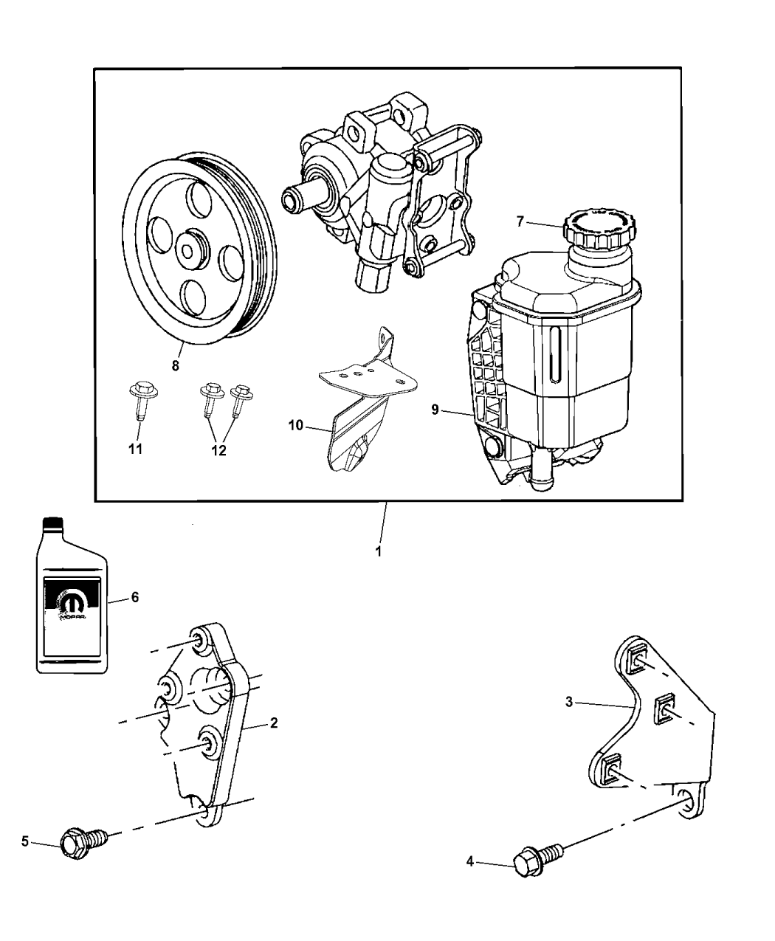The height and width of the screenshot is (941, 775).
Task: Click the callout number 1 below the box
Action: pyautogui.click(x=378, y=551)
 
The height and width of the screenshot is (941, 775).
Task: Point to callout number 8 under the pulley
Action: pyautogui.click(x=176, y=365)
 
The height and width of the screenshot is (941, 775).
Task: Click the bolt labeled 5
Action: pyautogui.click(x=83, y=841)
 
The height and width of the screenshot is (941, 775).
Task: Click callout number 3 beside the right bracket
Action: pyautogui.click(x=569, y=703)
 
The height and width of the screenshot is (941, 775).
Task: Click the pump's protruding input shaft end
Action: pyautogui.click(x=290, y=199)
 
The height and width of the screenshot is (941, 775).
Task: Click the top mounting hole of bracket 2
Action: pyautogui.click(x=199, y=640)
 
